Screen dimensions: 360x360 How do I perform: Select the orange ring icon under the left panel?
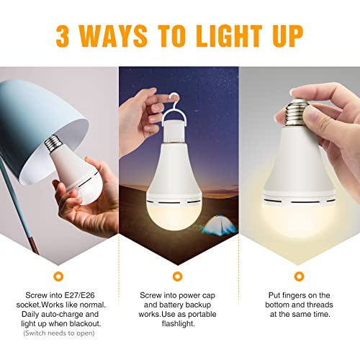[57, 276]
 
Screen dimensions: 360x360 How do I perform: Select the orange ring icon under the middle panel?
[178, 276]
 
